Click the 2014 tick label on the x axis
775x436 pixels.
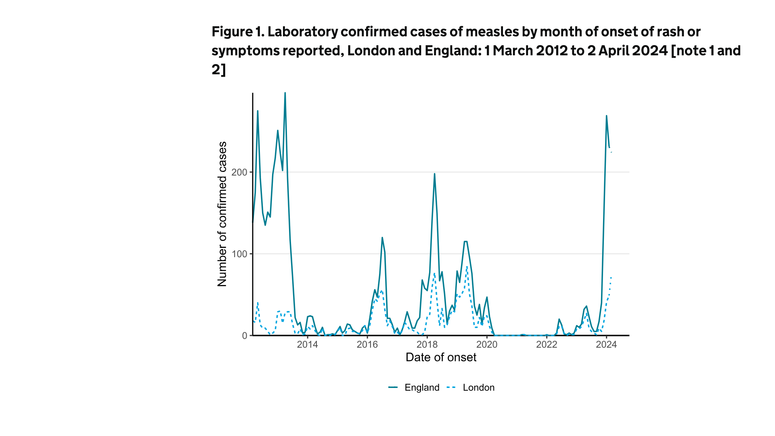tap(307, 344)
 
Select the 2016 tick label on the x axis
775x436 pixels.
tap(367, 344)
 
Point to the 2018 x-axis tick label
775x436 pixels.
tap(427, 344)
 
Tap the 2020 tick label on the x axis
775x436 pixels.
tap(487, 344)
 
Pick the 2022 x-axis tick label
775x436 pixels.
tap(547, 344)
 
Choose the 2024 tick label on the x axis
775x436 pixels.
tap(606, 344)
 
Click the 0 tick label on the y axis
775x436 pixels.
tap(245, 336)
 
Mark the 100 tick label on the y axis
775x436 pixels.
tap(239, 254)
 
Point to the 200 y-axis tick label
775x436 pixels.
tap(239, 172)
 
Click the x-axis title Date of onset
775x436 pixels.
tap(441, 357)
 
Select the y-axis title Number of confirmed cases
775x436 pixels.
tap(222, 214)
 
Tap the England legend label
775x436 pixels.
tap(422, 388)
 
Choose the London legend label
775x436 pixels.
tap(478, 388)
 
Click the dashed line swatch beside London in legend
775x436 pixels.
tap(451, 388)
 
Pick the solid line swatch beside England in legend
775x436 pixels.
tap(393, 388)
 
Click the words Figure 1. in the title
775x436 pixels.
tap(238, 31)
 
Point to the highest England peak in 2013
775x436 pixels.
tap(285, 93)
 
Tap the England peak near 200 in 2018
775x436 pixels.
tap(434, 174)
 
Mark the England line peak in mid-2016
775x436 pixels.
tap(382, 238)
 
